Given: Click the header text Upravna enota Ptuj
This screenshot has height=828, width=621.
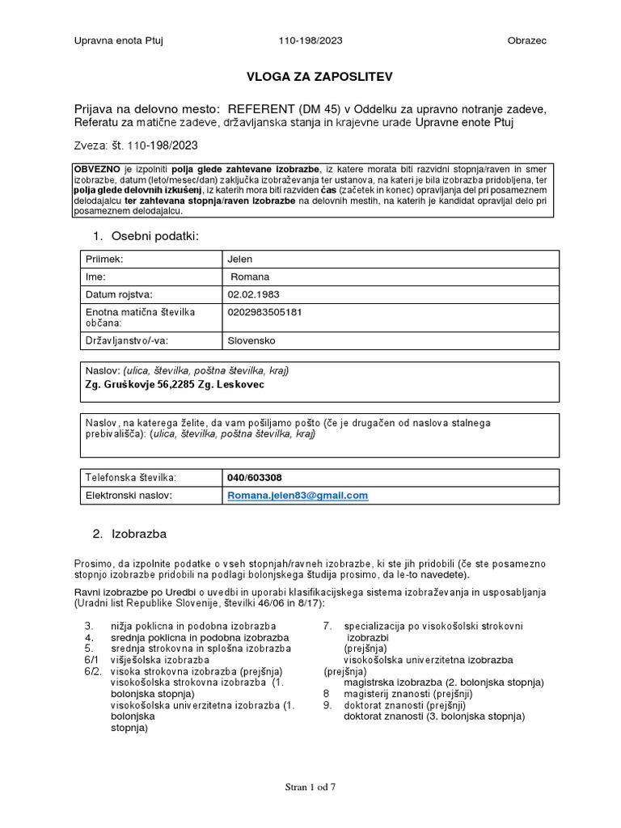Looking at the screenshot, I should click(119, 41).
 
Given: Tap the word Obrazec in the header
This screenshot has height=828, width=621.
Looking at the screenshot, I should click(527, 41).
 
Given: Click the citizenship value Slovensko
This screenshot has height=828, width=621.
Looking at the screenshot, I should click(252, 340).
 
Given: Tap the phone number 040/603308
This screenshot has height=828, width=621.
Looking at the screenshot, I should click(256, 477).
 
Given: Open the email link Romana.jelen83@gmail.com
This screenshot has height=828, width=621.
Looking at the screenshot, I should click(298, 495).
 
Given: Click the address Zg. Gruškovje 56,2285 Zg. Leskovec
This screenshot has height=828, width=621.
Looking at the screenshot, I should click(174, 384).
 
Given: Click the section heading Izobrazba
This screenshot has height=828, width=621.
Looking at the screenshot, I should click(139, 534).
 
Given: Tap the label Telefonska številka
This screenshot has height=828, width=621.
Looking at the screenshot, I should click(130, 477).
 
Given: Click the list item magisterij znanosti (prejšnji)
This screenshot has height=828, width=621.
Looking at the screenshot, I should click(408, 694).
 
